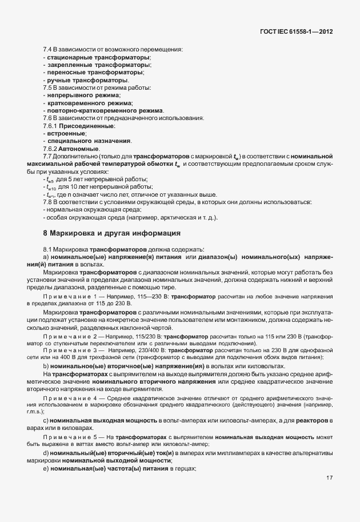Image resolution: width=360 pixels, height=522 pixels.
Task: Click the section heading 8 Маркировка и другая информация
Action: click(112, 233)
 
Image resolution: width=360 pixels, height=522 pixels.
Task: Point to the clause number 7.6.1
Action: click(51, 125)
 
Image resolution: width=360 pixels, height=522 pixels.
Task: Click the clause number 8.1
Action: click(48, 250)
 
